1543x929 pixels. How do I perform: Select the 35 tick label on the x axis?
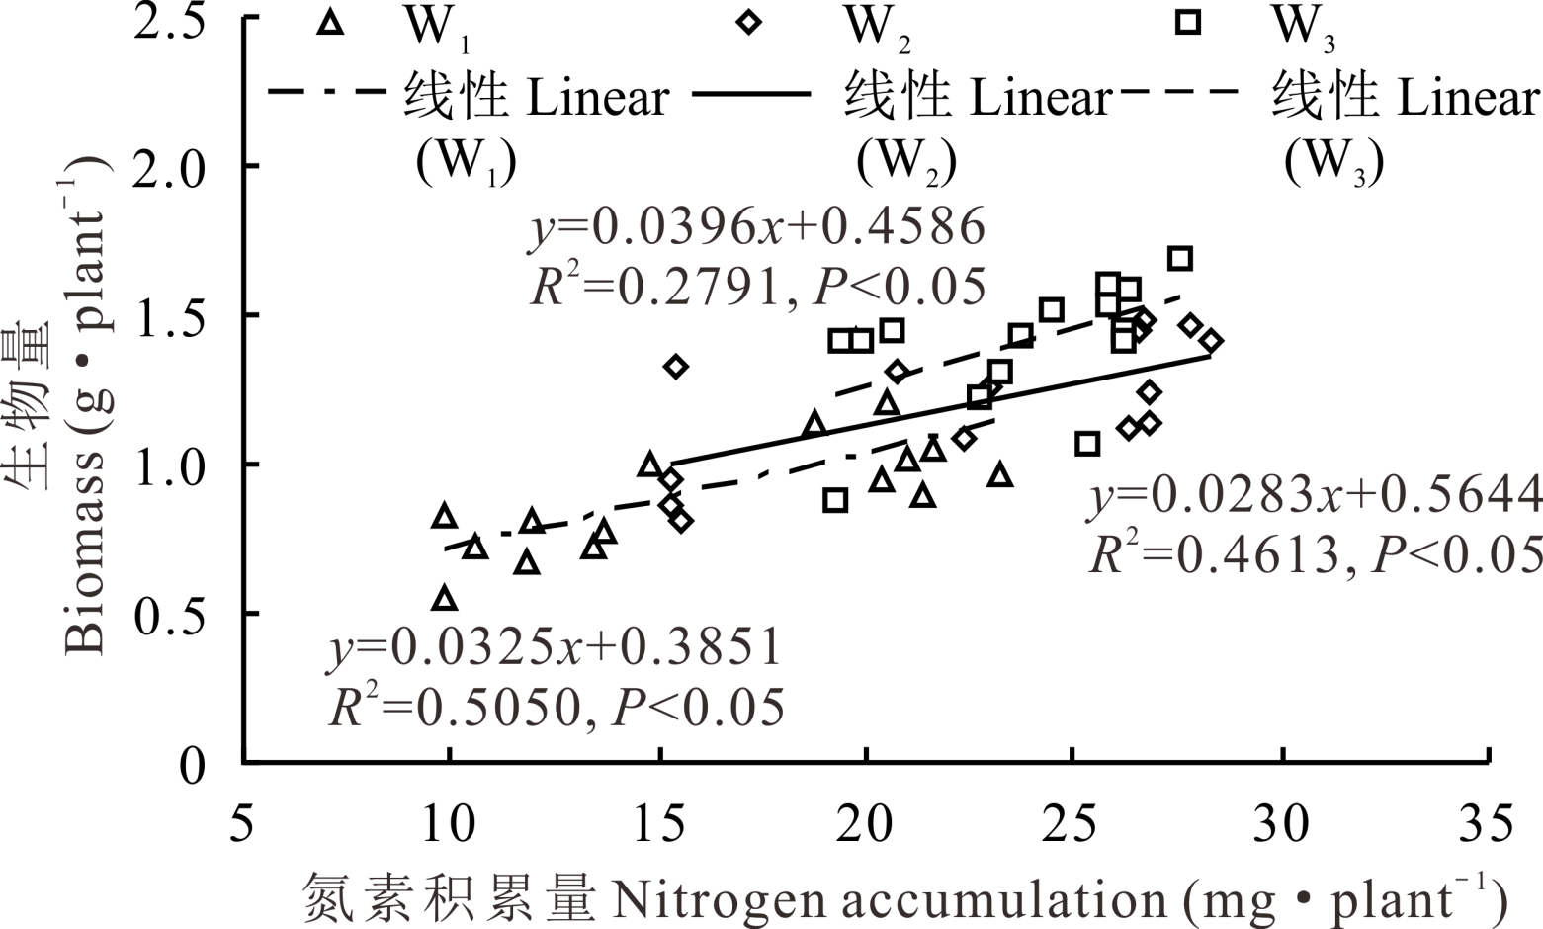click(1487, 824)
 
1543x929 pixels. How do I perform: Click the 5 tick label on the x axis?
click(243, 824)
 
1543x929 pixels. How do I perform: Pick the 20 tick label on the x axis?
click(866, 824)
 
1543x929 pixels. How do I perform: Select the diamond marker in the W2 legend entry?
click(749, 22)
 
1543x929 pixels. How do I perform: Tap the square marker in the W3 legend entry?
click(1187, 22)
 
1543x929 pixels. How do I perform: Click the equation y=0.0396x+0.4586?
click(758, 228)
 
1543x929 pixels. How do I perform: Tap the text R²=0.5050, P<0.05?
click(557, 707)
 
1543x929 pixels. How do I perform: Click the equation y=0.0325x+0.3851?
click(556, 648)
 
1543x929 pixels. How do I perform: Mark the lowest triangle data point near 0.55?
click(445, 598)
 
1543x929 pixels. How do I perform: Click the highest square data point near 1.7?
click(1179, 259)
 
